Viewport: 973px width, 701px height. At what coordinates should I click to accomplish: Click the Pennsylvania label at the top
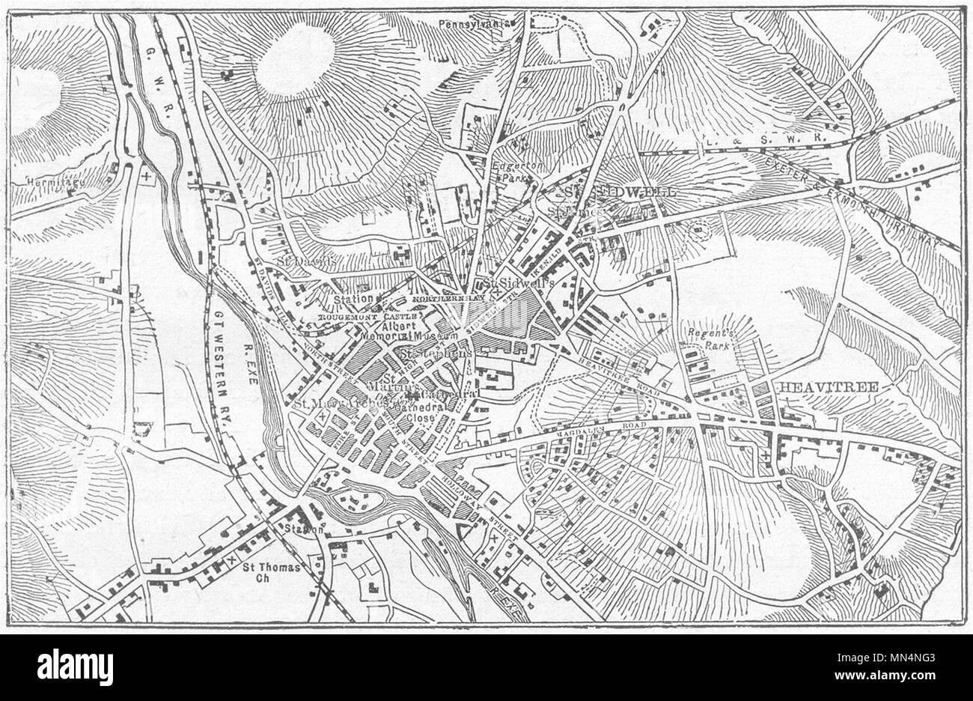tap(479, 23)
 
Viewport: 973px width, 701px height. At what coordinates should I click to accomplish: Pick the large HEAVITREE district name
tap(828, 386)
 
